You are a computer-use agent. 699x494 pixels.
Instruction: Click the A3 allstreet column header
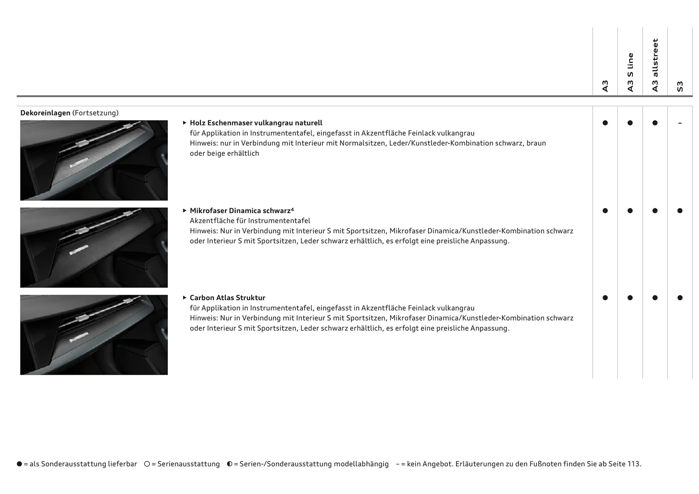click(x=655, y=65)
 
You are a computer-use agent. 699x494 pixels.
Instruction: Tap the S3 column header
click(x=680, y=86)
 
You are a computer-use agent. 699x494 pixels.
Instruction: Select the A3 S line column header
click(x=630, y=72)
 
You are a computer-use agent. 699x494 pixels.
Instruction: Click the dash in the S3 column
click(x=680, y=123)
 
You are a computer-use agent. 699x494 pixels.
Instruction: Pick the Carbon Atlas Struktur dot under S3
click(x=680, y=298)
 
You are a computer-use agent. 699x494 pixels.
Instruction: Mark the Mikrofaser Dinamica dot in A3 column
click(x=605, y=211)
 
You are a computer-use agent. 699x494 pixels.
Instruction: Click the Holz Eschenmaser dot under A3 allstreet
click(x=655, y=123)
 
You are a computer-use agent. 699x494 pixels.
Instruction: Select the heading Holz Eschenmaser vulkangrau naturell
click(x=256, y=123)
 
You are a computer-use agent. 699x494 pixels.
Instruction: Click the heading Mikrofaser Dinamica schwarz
click(x=240, y=211)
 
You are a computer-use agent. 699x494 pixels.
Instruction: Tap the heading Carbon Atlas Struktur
click(x=227, y=298)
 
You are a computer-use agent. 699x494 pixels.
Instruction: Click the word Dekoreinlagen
click(x=45, y=113)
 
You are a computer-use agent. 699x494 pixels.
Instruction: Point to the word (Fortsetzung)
click(x=95, y=113)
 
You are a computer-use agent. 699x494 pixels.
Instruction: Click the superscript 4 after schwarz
click(x=292, y=209)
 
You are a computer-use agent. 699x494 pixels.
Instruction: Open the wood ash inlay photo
click(x=94, y=160)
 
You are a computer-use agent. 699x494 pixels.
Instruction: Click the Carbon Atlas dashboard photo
click(x=94, y=335)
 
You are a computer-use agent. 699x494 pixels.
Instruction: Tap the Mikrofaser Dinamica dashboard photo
click(x=94, y=247)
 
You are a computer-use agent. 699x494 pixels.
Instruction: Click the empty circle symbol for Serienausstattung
click(x=147, y=464)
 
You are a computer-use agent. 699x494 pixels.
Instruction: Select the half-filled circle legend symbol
click(x=230, y=464)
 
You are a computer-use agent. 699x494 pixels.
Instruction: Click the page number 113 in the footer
click(x=633, y=464)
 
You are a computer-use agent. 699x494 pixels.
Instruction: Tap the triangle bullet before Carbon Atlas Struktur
click(x=185, y=298)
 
